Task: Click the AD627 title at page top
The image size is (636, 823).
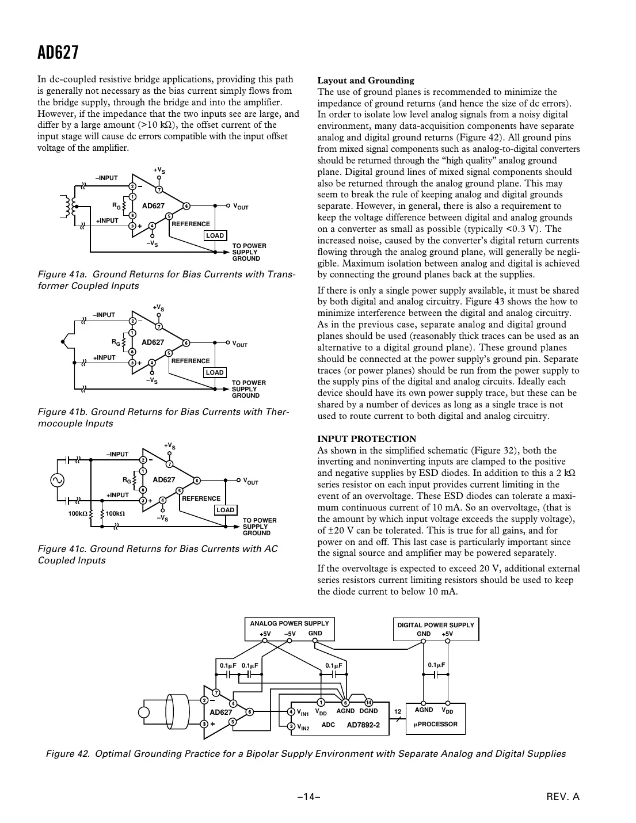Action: (58, 53)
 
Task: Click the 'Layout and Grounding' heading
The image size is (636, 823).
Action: (365, 81)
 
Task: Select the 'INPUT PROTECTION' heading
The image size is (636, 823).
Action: (367, 439)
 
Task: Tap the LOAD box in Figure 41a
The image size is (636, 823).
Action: (215, 235)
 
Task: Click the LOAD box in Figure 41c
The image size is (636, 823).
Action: (225, 510)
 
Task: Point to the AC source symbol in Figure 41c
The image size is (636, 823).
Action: (58, 479)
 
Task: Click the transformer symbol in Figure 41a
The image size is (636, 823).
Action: (70, 207)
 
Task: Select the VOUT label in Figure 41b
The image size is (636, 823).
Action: (240, 344)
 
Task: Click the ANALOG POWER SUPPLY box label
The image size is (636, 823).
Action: (290, 623)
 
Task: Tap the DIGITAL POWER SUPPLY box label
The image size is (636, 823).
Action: (436, 625)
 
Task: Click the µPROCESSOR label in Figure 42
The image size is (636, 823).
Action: (435, 724)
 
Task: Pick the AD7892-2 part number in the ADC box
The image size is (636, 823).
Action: (363, 725)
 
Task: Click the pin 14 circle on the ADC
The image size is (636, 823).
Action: (369, 702)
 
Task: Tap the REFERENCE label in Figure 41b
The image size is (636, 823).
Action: (190, 361)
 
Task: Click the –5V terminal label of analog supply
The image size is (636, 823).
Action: (290, 634)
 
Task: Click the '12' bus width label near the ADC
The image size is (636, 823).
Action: (397, 712)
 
